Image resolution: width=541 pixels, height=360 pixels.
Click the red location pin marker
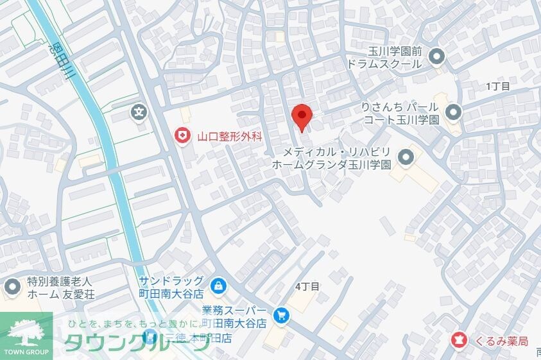tap(302, 117)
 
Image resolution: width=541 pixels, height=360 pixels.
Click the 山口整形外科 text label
tap(230, 135)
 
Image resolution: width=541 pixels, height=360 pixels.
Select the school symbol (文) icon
tap(139, 112)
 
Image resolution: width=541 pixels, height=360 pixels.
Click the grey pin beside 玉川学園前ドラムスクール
tap(437, 57)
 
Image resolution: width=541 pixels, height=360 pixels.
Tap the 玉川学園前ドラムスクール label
tap(384, 58)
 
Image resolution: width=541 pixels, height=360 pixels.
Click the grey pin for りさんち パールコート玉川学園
tap(453, 112)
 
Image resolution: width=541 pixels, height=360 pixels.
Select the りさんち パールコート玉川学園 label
tap(401, 112)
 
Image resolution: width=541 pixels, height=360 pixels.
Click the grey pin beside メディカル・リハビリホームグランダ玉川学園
tap(406, 157)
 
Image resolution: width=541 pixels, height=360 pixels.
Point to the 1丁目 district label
tap(497, 86)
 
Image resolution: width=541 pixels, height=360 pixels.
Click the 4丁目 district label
tap(307, 286)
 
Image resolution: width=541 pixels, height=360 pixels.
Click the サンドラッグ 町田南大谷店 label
tap(171, 287)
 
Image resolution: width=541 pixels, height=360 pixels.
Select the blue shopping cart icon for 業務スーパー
tap(280, 315)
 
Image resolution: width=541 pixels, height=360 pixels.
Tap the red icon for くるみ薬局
tap(459, 339)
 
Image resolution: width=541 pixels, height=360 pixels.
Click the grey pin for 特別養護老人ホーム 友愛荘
tap(11, 287)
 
